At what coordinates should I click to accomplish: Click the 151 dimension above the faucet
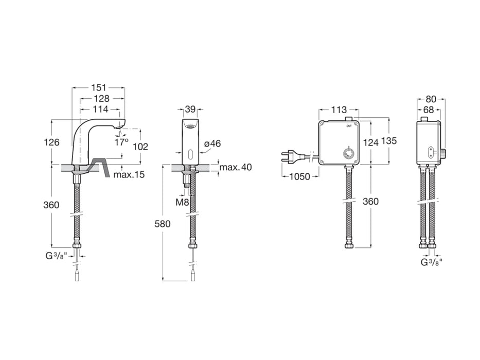[x=99, y=88]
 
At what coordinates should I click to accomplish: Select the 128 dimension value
[x=101, y=99]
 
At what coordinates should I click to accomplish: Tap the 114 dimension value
[x=101, y=109]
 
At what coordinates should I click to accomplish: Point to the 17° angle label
[x=121, y=142]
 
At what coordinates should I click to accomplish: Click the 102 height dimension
[x=140, y=147]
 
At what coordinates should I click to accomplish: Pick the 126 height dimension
[x=52, y=142]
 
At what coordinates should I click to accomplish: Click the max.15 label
[x=129, y=175]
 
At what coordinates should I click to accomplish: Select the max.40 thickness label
[x=236, y=167]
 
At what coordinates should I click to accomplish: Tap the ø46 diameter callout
[x=212, y=143]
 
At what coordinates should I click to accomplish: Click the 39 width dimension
[x=190, y=109]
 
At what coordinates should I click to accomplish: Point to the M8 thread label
[x=183, y=202]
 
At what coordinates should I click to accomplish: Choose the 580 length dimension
[x=162, y=224]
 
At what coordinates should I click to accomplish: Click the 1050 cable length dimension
[x=300, y=176]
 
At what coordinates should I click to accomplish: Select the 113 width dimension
[x=339, y=110]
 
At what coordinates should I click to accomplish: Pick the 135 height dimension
[x=389, y=141]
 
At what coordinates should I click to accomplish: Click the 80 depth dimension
[x=431, y=99]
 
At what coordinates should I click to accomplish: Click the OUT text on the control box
[x=349, y=126]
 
